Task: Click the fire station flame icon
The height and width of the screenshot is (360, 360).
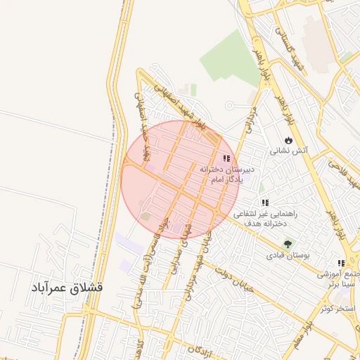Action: tap(288, 139)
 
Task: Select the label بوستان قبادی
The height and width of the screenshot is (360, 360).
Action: tap(285, 256)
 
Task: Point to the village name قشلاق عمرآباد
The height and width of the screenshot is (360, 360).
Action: tap(67, 288)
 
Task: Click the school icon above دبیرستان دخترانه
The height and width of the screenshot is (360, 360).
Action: tap(226, 159)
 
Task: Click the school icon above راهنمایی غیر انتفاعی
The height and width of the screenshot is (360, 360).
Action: tap(265, 203)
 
